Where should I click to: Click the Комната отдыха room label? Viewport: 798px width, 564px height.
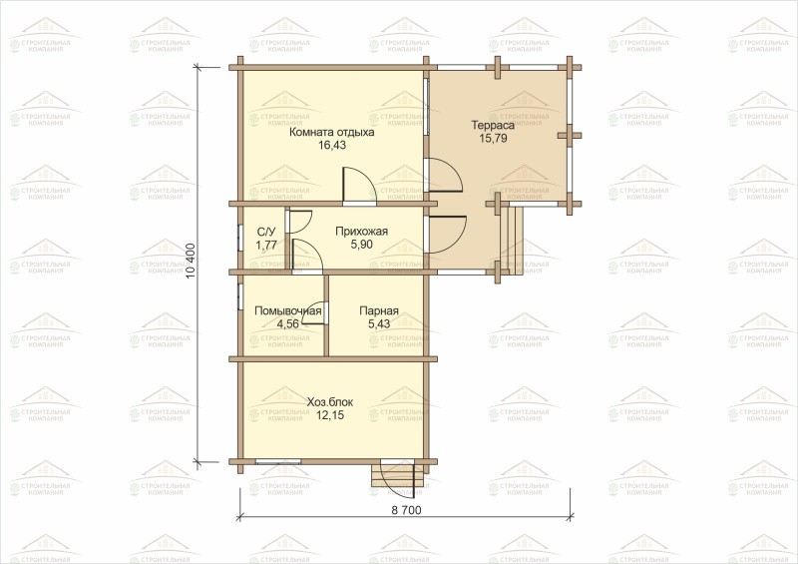pyautogui.click(x=332, y=133)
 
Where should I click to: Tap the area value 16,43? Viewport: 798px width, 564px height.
pyautogui.click(x=332, y=145)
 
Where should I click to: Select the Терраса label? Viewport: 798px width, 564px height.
pyautogui.click(x=493, y=126)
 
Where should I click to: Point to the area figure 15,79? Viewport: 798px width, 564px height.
pyautogui.click(x=493, y=138)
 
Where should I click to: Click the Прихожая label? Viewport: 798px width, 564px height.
pyautogui.click(x=361, y=232)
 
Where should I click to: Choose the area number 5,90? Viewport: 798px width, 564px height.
pyautogui.click(x=361, y=245)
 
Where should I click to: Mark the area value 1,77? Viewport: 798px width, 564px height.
pyautogui.click(x=266, y=245)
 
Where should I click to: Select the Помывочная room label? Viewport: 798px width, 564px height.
pyautogui.click(x=288, y=310)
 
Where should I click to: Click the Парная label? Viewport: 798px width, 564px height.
pyautogui.click(x=379, y=310)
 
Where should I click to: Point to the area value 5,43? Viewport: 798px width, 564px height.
pyautogui.click(x=379, y=323)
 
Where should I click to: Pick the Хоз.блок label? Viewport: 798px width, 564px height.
pyautogui.click(x=330, y=402)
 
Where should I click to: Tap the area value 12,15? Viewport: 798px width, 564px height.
pyautogui.click(x=330, y=415)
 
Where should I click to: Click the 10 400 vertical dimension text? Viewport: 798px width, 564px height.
pyautogui.click(x=191, y=260)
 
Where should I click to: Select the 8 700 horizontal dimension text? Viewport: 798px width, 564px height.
pyautogui.click(x=405, y=510)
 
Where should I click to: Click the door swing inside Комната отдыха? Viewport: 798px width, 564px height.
pyautogui.click(x=359, y=186)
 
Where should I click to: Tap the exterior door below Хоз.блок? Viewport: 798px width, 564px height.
pyautogui.click(x=399, y=479)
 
